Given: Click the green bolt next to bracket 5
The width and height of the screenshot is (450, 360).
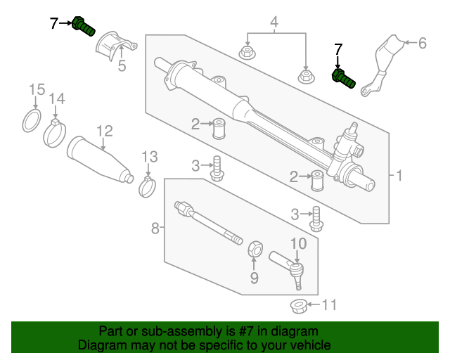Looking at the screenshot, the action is point(83,26).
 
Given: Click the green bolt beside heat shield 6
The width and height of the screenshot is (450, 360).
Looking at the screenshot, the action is point(344,79).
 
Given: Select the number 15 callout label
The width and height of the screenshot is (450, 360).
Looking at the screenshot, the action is point(37,89).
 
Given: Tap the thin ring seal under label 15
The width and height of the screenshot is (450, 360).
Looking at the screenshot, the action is point(32,120).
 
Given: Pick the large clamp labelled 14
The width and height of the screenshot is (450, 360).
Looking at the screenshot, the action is point(55,134).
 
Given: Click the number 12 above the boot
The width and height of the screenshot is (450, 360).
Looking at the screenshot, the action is point(105,131).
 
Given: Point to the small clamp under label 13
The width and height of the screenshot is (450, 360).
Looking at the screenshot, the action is point(147,188).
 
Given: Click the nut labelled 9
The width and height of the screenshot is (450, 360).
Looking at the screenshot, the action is point(255,249).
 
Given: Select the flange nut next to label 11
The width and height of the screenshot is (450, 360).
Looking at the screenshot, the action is point(299,307).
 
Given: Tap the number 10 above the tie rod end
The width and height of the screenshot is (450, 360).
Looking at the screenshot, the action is point(298,243).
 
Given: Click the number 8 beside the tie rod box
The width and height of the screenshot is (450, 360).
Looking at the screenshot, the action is point(155,229).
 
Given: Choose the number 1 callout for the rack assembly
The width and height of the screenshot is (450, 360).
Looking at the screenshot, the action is point(399,175).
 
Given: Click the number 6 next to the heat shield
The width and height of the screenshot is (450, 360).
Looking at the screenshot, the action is point(422,43).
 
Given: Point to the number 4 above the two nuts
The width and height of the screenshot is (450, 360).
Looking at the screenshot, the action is point(274,22).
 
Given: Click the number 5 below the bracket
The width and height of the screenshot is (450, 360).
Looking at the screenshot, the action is point(122,65).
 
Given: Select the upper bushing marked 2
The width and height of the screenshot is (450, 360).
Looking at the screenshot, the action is point(219,129).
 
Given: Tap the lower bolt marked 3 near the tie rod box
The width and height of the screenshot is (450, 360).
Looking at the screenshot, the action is point(316,219).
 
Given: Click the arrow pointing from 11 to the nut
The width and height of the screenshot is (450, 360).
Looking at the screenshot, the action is point(314,304).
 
